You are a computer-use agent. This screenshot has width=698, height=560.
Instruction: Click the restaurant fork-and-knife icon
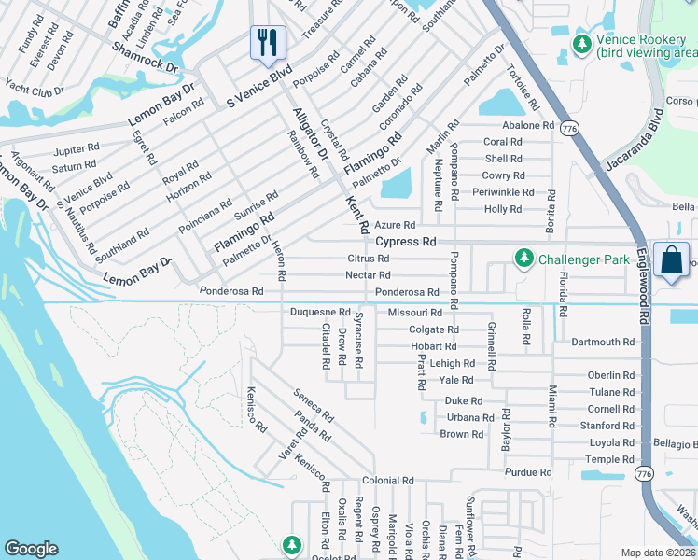(268, 41)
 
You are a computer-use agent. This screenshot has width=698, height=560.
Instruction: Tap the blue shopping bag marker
(672, 260)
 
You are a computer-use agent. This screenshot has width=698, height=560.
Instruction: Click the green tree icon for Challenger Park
(524, 259)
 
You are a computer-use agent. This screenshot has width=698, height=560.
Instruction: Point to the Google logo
(31, 549)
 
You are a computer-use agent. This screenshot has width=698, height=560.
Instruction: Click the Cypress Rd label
(406, 241)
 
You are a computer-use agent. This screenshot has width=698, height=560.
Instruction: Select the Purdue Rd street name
(528, 473)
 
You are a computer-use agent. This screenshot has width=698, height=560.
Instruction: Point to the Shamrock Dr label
(145, 57)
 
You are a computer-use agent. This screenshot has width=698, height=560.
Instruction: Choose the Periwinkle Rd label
(503, 192)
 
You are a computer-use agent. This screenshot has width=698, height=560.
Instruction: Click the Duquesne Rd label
(320, 312)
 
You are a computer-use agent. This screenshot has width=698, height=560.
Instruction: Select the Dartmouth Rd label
(603, 343)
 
